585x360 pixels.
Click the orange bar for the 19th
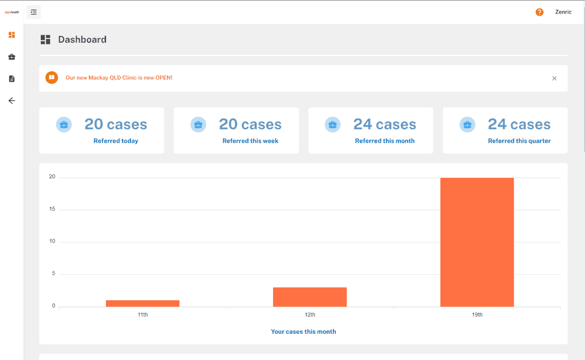[477, 242]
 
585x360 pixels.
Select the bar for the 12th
[310, 297]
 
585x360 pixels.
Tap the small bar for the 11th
[143, 303]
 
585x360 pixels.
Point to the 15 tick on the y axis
[52, 209]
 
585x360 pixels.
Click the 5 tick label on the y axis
[54, 274]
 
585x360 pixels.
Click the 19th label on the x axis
[477, 315]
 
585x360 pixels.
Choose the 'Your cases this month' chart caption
[303, 332]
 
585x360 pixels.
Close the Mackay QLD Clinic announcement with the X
[554, 78]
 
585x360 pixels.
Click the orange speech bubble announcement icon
[52, 77]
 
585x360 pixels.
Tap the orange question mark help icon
[539, 12]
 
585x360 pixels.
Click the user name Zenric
[563, 12]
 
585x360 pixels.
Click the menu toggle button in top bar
[34, 12]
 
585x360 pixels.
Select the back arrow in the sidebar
[12, 101]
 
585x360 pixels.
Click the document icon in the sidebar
[12, 79]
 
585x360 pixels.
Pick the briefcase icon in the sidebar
[12, 57]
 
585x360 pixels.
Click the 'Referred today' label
[116, 141]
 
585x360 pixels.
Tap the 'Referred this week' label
[250, 141]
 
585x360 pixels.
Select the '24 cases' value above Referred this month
[385, 124]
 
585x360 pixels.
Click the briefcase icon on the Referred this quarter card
[467, 125]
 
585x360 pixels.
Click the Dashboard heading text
[82, 40]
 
